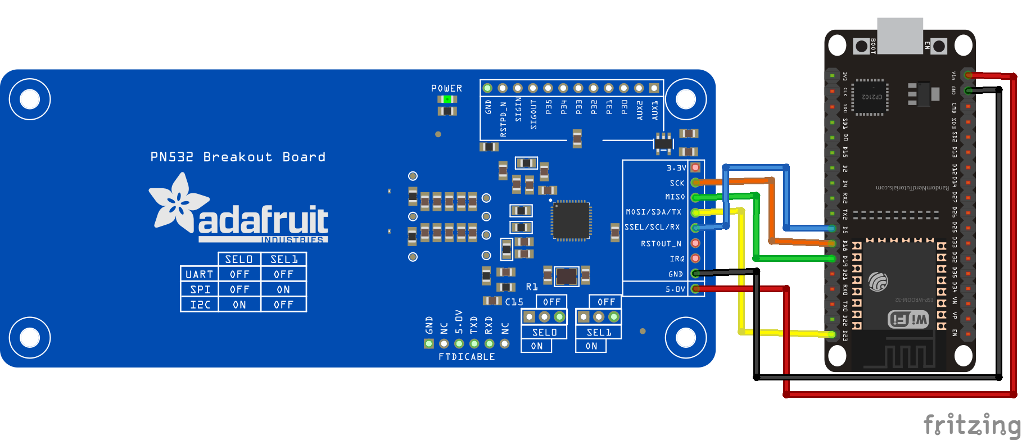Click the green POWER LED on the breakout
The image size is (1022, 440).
click(447, 99)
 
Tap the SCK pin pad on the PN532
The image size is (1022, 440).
click(695, 182)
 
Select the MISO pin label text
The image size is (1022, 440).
click(675, 197)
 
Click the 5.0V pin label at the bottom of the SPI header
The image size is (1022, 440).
click(675, 289)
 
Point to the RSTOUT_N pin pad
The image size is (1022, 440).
click(695, 243)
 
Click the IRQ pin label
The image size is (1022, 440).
click(677, 259)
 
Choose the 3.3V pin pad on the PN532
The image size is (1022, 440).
click(695, 167)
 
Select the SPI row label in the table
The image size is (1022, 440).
click(200, 289)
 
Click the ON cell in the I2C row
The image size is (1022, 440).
click(239, 305)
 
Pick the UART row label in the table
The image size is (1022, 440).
click(200, 274)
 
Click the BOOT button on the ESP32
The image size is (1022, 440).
click(861, 46)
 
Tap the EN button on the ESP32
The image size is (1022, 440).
click(938, 46)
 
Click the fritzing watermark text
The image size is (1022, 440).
click(971, 425)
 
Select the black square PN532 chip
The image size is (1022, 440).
click(571, 220)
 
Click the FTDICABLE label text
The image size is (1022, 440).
click(467, 357)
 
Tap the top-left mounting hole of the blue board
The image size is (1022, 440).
click(29, 99)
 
